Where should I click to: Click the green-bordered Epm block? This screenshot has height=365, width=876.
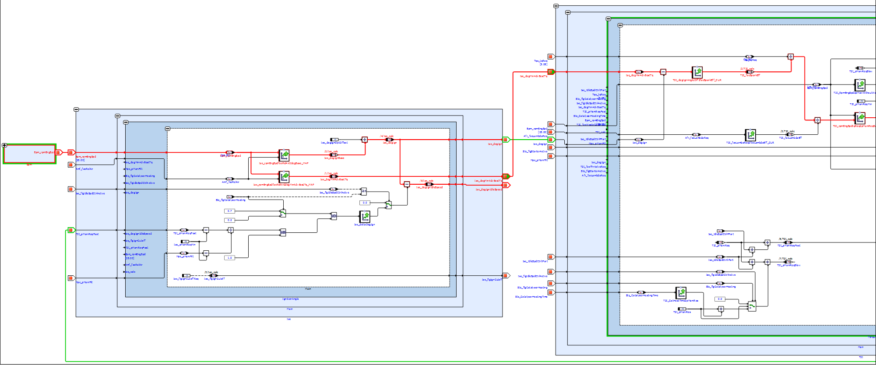coord(30,154)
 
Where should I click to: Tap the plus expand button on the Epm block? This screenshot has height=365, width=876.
coord(4,145)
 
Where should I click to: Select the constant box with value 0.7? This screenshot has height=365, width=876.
coord(229,211)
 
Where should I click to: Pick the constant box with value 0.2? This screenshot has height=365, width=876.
coord(229,220)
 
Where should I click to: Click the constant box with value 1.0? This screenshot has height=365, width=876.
coord(229,258)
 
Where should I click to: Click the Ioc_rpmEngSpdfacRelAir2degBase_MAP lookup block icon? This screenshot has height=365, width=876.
coord(284,155)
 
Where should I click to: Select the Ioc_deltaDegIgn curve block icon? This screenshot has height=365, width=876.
coord(364,216)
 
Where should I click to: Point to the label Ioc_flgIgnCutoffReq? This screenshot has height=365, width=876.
coord(186,279)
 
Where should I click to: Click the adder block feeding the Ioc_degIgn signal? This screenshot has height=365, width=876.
coord(364,140)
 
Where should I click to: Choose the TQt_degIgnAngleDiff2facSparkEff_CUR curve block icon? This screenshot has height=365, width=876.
coord(697,72)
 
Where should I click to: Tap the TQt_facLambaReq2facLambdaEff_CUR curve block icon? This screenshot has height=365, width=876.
coord(750,135)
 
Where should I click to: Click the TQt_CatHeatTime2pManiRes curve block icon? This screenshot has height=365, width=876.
coord(681,293)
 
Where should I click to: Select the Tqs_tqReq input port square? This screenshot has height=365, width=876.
coord(551,56)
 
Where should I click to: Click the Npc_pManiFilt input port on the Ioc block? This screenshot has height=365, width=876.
coord(71,278)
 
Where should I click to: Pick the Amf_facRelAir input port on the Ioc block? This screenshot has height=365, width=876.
coord(71,165)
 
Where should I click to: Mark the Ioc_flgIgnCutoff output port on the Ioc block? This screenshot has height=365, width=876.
coord(506,276)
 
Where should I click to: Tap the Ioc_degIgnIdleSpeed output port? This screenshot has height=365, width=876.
coord(506,185)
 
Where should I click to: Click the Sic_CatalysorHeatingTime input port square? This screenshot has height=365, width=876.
coord(551,292)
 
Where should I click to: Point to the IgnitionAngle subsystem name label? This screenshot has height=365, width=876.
coord(290,299)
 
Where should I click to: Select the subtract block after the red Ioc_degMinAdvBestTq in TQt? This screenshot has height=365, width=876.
coord(663,72)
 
